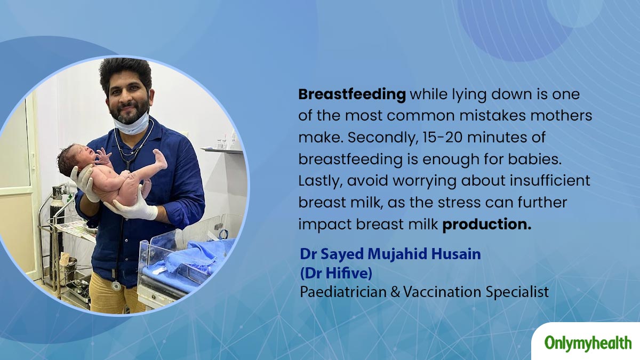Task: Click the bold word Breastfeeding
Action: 351,95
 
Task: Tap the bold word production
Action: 486,225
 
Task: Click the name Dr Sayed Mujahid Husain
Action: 390,254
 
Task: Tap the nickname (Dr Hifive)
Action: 336,274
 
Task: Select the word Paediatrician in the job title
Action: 343,292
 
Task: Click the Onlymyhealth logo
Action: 588,343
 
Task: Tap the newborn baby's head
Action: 75,158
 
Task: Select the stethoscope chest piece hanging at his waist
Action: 116,286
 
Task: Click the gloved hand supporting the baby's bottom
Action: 132,206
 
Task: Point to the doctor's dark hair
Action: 126,74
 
